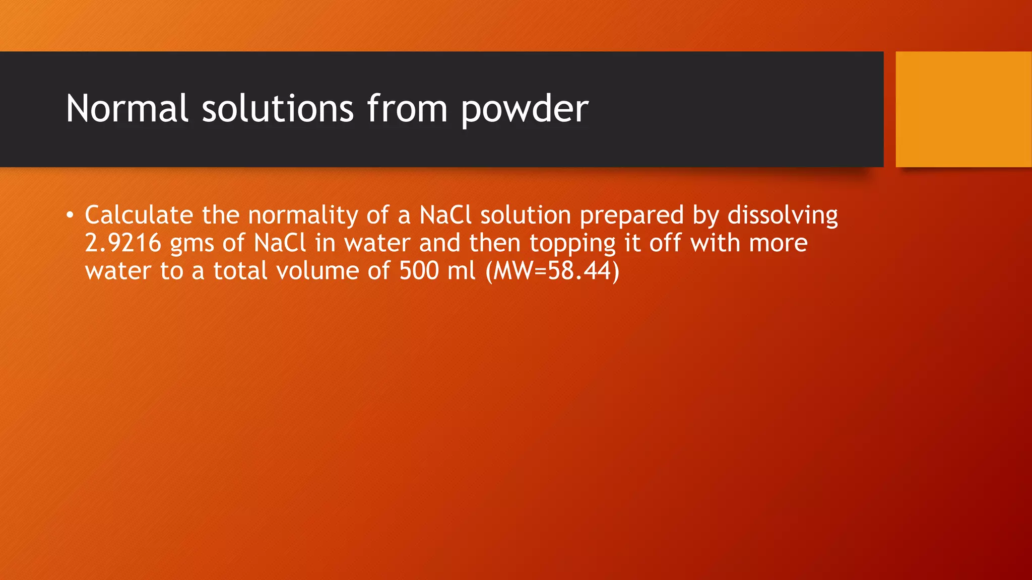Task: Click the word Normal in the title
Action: (127, 108)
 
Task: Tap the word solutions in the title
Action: (278, 108)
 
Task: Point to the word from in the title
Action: (407, 108)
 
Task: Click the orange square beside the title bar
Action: (963, 109)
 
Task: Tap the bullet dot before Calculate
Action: (70, 215)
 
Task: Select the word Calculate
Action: (139, 215)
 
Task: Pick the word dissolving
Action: (783, 215)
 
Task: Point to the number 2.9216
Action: (123, 243)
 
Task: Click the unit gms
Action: (192, 244)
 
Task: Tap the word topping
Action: (572, 244)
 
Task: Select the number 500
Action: (419, 270)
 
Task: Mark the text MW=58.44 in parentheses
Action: (552, 271)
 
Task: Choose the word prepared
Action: (631, 216)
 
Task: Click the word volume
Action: (317, 270)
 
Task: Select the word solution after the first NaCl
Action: (525, 215)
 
